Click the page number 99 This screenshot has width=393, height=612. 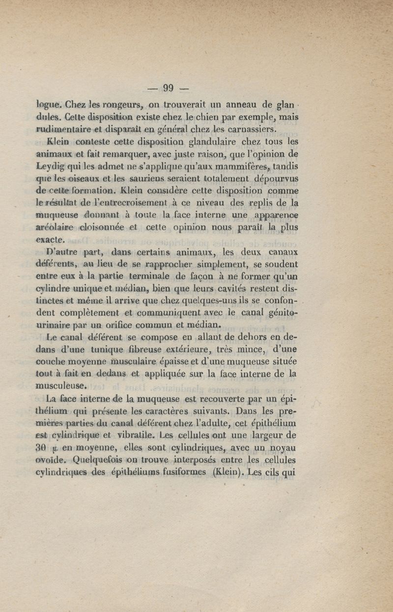pyautogui.click(x=169, y=89)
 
